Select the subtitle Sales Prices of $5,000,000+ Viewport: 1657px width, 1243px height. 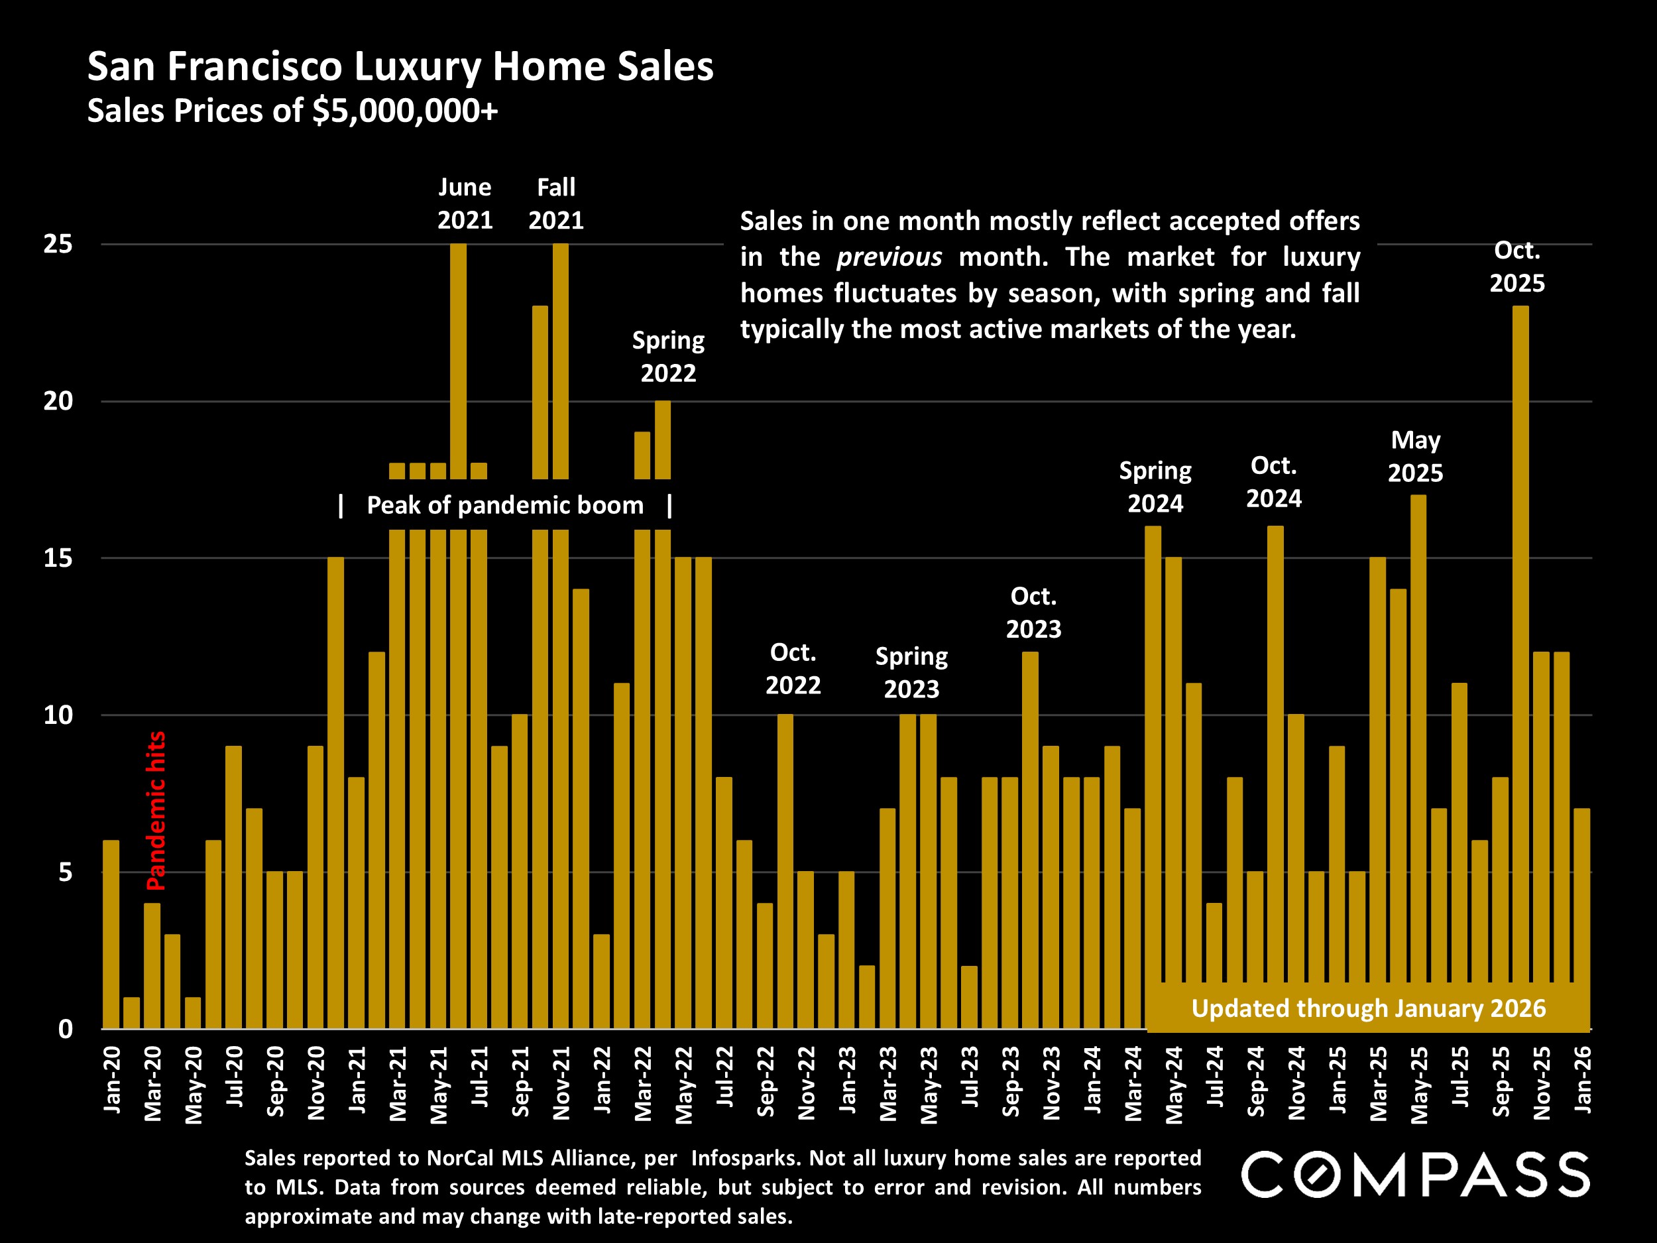292,111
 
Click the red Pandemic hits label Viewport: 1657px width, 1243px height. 156,811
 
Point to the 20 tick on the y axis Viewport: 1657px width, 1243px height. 58,402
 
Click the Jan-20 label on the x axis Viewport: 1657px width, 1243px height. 111,1080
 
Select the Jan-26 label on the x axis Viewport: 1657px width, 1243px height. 1582,1080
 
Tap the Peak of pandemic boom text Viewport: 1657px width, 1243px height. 505,506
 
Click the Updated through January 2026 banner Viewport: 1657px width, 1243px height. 1368,1008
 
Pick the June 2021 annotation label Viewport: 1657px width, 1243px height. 465,204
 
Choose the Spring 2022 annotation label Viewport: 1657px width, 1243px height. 668,357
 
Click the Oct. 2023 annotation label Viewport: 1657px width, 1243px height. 1033,612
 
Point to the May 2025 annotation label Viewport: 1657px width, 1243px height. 1415,456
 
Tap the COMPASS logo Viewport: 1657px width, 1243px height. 1415,1174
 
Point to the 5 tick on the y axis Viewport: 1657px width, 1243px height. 65,873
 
